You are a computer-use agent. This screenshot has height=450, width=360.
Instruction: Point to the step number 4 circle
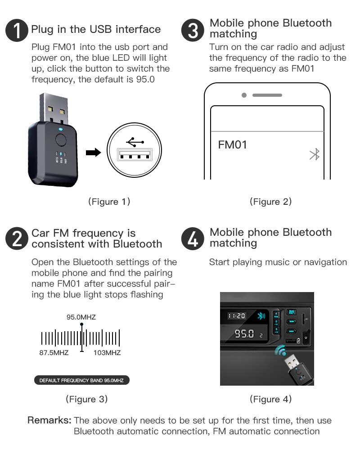coord(193,239)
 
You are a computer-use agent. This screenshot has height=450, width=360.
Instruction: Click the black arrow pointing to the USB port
coord(93,153)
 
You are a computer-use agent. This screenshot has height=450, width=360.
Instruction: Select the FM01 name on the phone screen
coord(232,145)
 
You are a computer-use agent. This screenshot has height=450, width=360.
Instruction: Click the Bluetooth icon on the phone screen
coord(315,155)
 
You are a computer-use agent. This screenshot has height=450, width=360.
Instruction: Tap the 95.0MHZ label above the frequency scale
coord(81,317)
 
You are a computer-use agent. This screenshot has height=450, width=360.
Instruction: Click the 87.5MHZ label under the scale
coord(54,352)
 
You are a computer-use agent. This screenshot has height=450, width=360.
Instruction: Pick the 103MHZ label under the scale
coord(107,352)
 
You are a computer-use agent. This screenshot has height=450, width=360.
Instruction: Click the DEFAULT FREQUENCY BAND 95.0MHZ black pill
coord(81,380)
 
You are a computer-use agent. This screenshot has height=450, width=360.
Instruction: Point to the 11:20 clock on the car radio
coord(236,316)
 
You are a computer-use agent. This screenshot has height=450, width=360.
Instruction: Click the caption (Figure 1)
coord(109,202)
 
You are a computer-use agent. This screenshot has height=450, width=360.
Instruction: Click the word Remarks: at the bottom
coord(49,421)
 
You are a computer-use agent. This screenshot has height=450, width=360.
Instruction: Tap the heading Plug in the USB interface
coord(96,29)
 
